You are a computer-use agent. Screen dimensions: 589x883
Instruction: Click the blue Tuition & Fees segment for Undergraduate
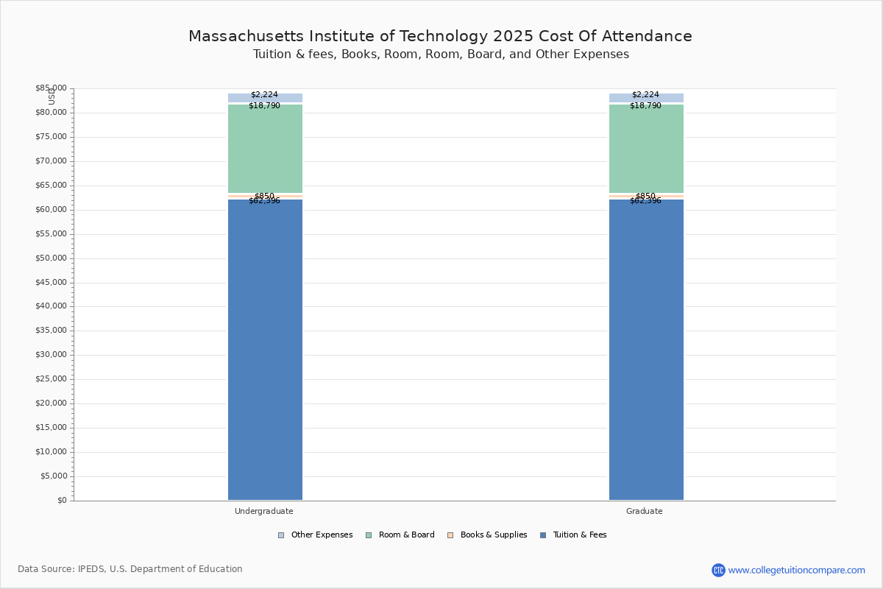265,350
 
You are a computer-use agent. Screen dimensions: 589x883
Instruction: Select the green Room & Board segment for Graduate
646,149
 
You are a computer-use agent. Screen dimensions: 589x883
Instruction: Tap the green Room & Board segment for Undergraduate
265,149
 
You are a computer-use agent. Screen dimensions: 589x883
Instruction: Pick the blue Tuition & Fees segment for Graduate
646,350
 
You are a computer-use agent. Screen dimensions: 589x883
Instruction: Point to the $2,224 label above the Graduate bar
645,94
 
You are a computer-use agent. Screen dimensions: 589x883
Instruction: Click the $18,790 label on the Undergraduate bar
264,105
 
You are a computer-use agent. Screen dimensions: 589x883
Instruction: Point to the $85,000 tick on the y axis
51,88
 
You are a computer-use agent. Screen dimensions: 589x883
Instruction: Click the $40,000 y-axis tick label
51,306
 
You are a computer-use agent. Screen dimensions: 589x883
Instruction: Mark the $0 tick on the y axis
61,501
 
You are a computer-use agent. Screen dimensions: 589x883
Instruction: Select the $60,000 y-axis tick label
51,210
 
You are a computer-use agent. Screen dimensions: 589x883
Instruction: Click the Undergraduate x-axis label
263,511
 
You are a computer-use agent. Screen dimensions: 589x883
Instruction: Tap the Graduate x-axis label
644,511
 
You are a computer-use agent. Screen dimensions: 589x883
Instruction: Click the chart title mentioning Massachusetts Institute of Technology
440,36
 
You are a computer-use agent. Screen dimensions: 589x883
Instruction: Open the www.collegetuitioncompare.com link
796,570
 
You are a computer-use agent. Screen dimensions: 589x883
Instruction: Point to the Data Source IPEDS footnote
130,569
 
